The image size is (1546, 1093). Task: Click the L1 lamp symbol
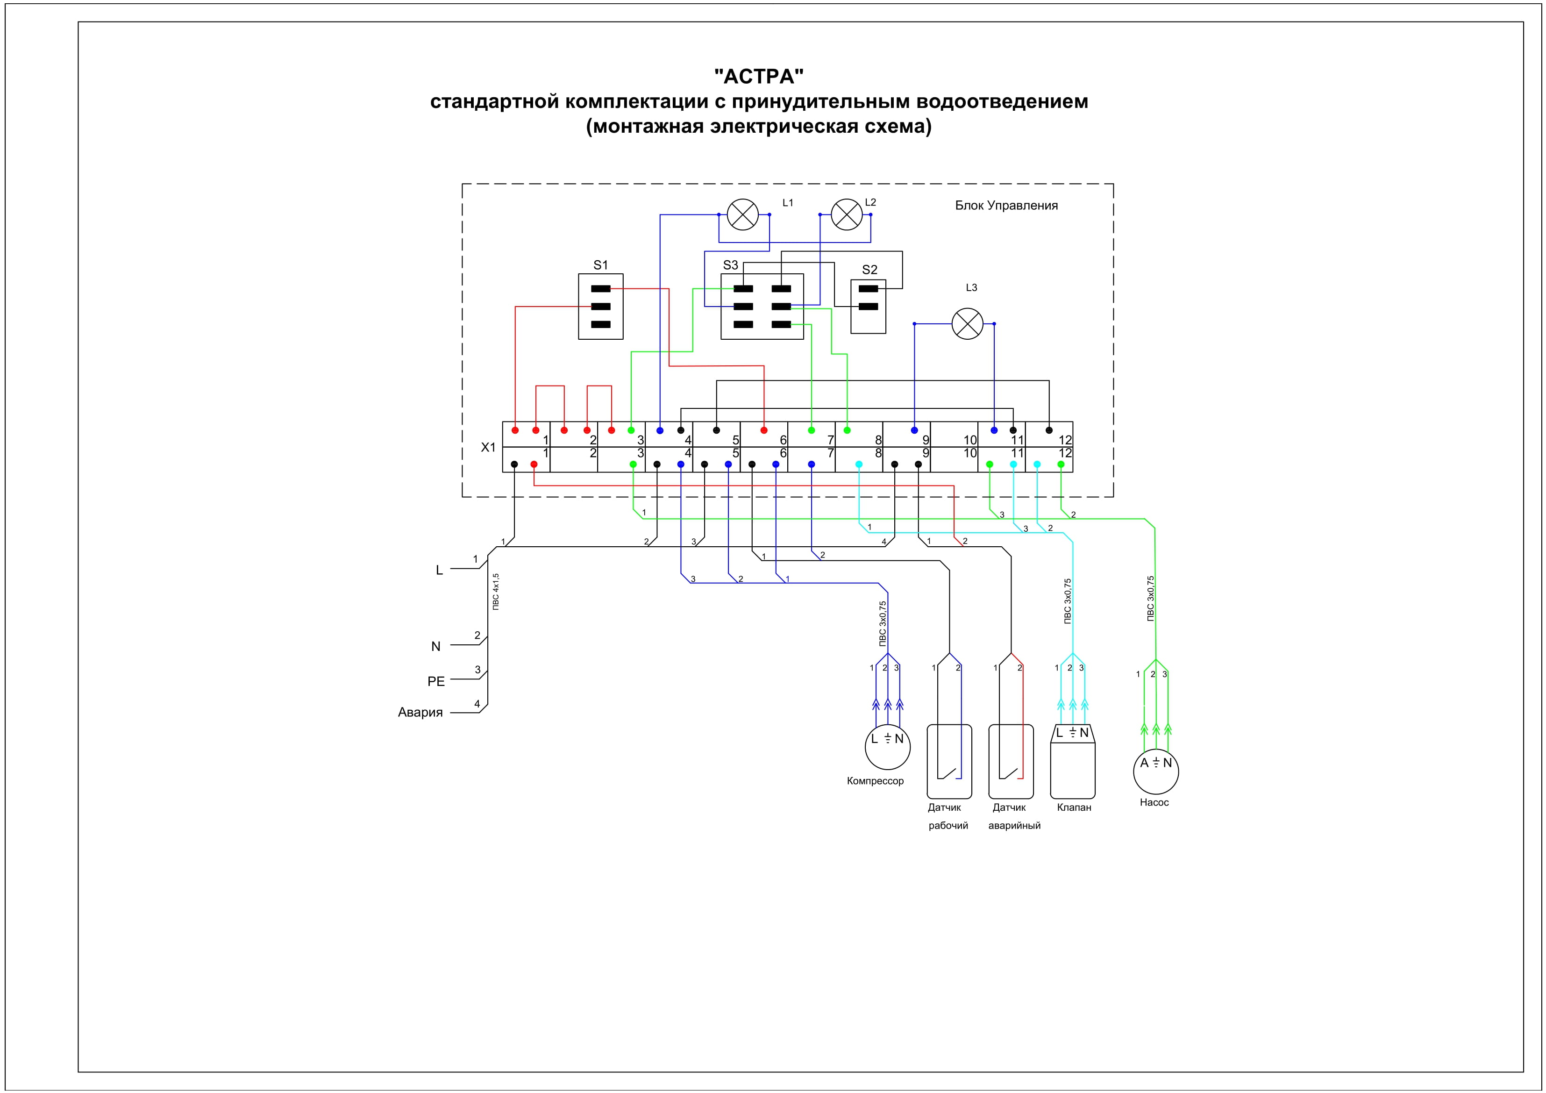pos(743,215)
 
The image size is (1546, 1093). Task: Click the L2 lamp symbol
pos(847,215)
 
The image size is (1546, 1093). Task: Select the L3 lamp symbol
pos(968,324)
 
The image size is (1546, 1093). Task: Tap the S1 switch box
pos(601,307)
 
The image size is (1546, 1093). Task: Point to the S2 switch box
pos(868,307)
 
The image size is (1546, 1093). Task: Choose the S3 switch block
pos(762,307)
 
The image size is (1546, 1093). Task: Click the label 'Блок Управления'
pos(1006,206)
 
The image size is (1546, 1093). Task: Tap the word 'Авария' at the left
pos(420,713)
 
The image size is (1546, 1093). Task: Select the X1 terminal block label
pos(488,447)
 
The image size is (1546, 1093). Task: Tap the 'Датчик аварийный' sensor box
pos(1011,761)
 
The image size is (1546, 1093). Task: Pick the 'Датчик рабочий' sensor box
pos(949,761)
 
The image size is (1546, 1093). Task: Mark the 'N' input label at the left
pos(435,647)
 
